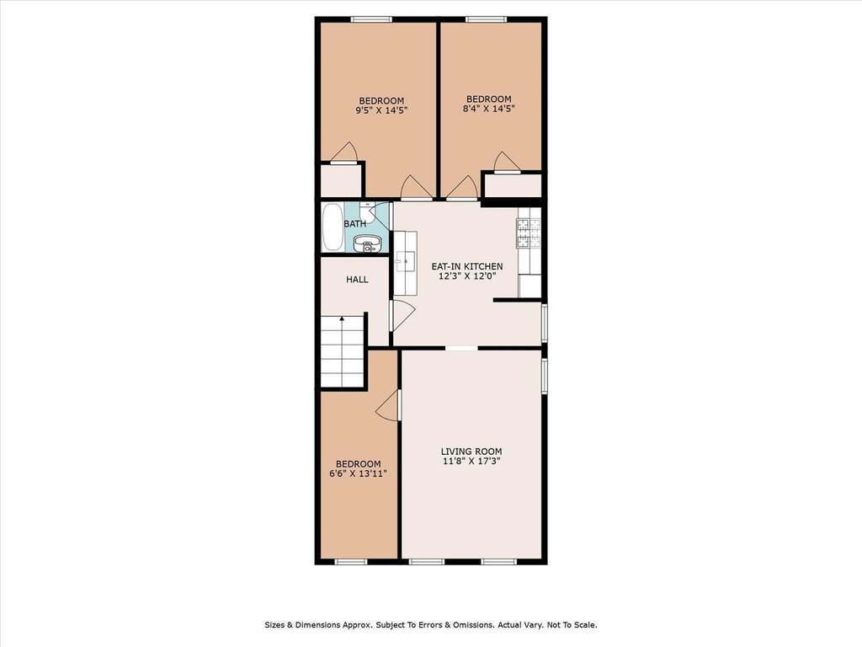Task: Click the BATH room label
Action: pyautogui.click(x=354, y=224)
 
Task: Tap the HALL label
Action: pyautogui.click(x=357, y=280)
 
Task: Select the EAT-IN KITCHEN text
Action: pyautogui.click(x=466, y=266)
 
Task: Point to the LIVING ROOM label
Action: pyautogui.click(x=471, y=452)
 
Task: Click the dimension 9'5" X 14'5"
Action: pyautogui.click(x=381, y=110)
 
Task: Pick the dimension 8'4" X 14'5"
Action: pyautogui.click(x=489, y=109)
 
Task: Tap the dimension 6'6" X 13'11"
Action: pyautogui.click(x=358, y=473)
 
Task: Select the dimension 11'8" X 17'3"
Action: pyautogui.click(x=471, y=462)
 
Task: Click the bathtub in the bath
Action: pyautogui.click(x=332, y=227)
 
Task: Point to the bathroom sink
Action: pyautogui.click(x=366, y=241)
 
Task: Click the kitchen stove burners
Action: pyautogui.click(x=522, y=233)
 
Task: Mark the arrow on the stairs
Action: pyautogui.click(x=342, y=336)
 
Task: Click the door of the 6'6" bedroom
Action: pyautogui.click(x=389, y=405)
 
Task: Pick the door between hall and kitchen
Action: pyautogui.click(x=402, y=316)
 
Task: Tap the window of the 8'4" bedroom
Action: pyautogui.click(x=486, y=19)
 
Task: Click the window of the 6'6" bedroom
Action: pyautogui.click(x=351, y=562)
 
